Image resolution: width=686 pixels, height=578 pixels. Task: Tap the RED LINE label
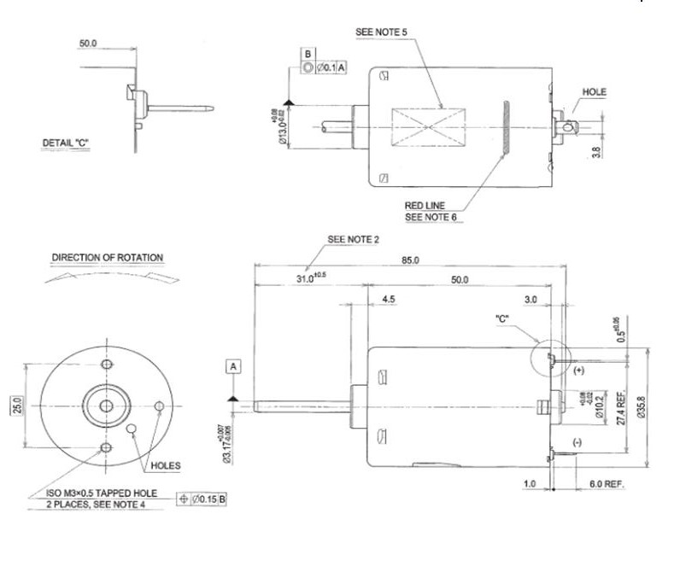(429, 206)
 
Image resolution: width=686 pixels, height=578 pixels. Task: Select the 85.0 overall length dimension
(410, 260)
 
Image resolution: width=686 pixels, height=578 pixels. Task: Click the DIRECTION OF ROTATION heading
(108, 258)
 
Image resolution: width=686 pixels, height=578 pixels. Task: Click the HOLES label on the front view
(165, 466)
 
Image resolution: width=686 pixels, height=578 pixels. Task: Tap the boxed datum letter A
(235, 366)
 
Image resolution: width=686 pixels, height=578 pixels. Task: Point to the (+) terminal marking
(578, 371)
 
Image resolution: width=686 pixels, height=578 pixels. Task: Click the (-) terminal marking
(578, 441)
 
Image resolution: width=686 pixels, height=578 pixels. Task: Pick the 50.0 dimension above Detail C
(88, 42)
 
